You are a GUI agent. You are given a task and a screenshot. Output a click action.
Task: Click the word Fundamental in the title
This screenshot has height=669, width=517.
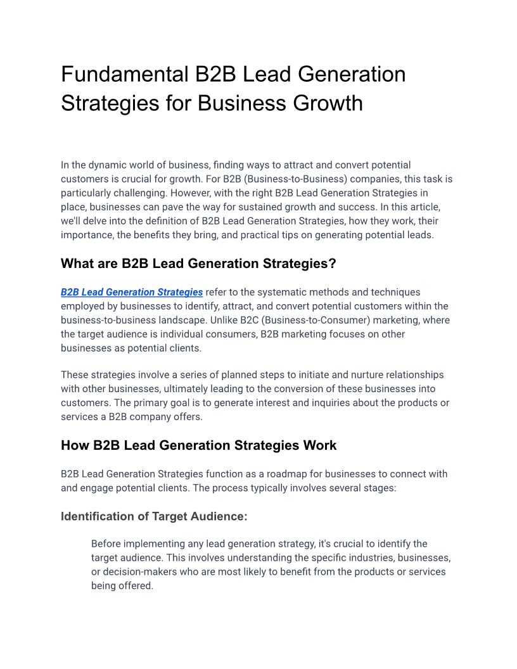tap(118, 75)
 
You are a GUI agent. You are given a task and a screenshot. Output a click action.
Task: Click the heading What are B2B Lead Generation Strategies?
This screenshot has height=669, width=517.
tap(198, 264)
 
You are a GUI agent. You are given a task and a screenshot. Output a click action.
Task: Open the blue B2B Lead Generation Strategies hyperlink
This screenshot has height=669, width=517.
tap(132, 292)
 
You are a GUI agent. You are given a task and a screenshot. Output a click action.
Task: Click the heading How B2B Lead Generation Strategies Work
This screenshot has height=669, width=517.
tap(198, 445)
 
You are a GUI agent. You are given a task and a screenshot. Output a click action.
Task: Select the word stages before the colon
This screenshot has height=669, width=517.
tap(379, 488)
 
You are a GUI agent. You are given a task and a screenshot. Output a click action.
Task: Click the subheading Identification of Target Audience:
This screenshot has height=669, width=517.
tap(154, 516)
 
